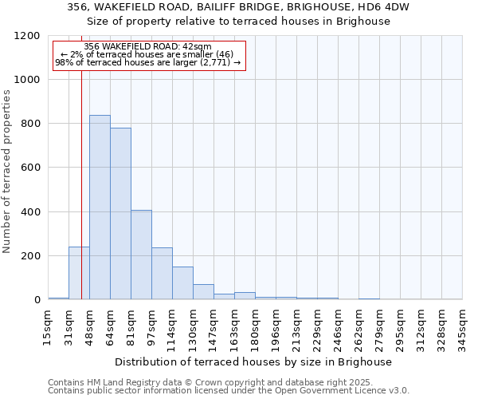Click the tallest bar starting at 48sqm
(100, 207)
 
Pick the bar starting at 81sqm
(141, 255)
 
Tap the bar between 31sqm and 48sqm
(79, 273)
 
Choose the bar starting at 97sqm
(162, 273)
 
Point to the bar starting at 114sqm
(182, 283)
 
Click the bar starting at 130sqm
(203, 292)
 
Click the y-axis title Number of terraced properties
(7, 172)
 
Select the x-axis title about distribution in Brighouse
(259, 361)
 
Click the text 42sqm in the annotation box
(197, 47)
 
